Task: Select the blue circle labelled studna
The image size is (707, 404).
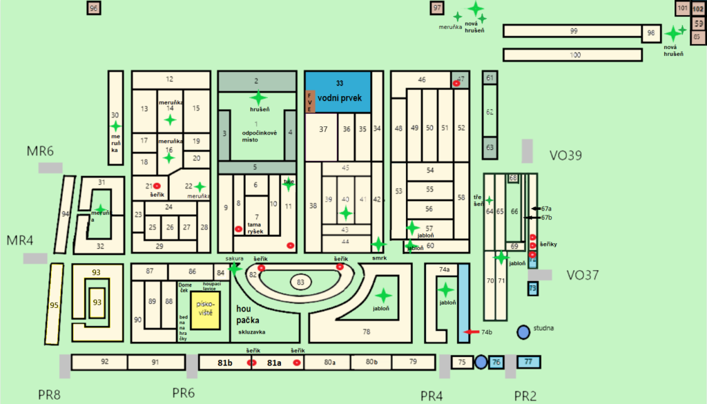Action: (x=524, y=331)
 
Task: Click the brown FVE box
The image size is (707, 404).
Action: (x=310, y=101)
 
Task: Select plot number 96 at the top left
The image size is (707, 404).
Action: (x=95, y=8)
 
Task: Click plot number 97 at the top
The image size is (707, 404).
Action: (x=437, y=8)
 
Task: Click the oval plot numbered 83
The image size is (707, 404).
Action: (x=300, y=282)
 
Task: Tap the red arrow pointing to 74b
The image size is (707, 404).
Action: (x=472, y=333)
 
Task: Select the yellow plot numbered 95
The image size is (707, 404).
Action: (x=55, y=302)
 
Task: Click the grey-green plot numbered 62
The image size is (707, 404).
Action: (x=490, y=112)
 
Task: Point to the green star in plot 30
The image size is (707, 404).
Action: (x=115, y=126)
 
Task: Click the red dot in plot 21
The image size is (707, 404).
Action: (x=157, y=186)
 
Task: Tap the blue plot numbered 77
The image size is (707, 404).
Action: (x=529, y=361)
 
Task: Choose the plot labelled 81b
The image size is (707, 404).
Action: (x=224, y=362)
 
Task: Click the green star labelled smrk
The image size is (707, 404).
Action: (x=378, y=244)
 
